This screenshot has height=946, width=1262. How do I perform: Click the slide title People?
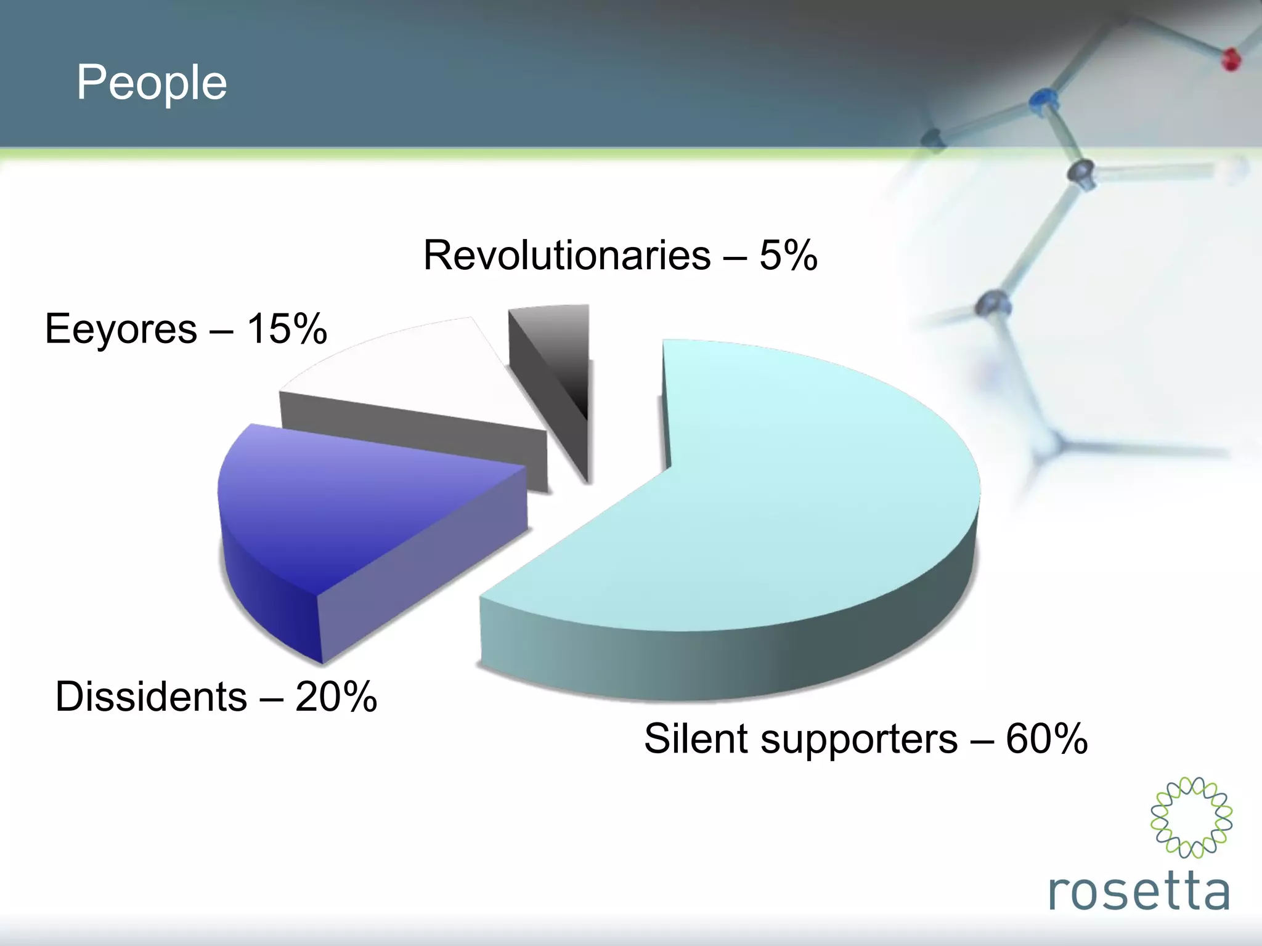(152, 83)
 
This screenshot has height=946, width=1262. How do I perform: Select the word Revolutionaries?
(567, 255)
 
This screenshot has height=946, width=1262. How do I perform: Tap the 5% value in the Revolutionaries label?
(788, 255)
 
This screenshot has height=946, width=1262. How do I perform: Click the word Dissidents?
(151, 697)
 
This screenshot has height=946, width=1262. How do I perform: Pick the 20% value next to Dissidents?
(336, 697)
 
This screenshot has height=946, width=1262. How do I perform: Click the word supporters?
(859, 738)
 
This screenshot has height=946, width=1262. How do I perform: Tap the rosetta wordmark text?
(1139, 891)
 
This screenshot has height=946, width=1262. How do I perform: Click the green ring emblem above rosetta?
(1191, 817)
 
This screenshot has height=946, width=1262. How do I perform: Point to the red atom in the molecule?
(1231, 60)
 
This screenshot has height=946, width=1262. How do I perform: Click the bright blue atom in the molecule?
(1043, 99)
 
